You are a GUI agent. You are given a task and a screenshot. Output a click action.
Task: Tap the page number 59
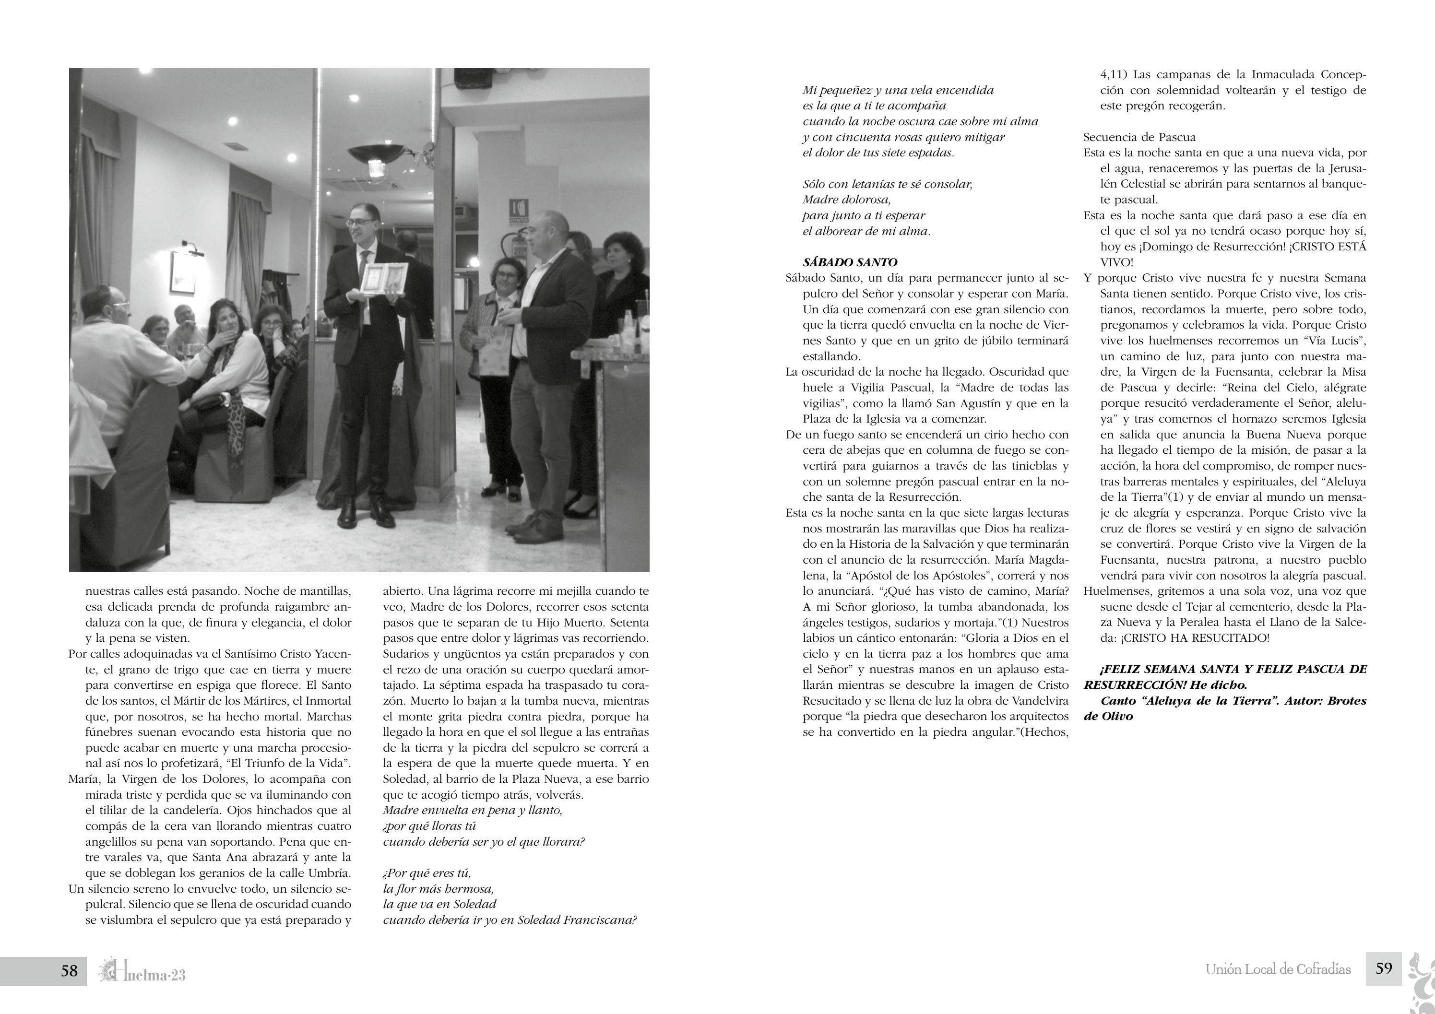coord(1384,968)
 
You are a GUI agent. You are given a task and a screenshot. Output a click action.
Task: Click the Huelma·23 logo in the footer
coord(142,971)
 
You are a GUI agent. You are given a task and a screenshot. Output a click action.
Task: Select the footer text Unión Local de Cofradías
coord(1278,970)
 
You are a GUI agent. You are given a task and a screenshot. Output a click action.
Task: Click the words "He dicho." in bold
coord(1219,685)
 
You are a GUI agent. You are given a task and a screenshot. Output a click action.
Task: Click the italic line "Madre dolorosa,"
coord(846,200)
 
